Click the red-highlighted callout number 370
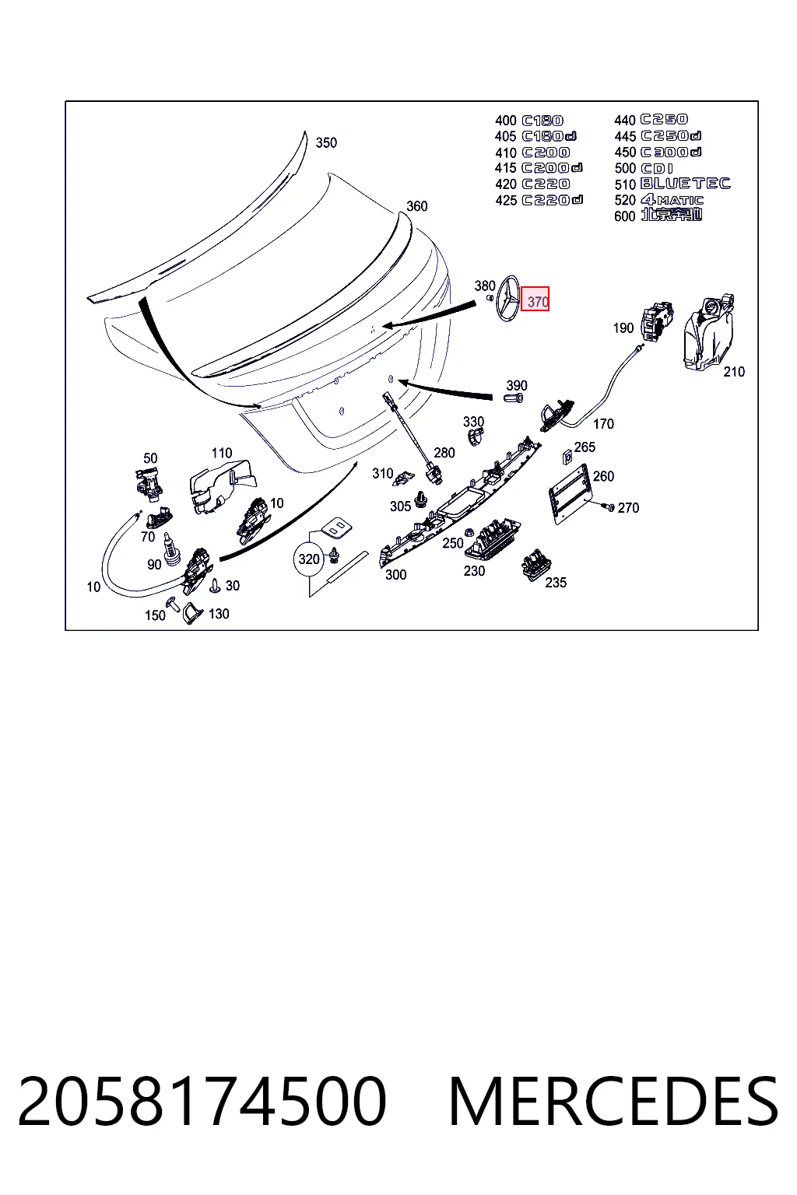tap(535, 301)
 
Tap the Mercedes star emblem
tap(507, 299)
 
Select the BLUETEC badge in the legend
tap(685, 184)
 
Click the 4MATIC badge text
tap(672, 200)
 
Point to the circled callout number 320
tap(309, 559)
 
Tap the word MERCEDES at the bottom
tap(613, 1102)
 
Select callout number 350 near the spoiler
tap(326, 142)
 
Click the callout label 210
tap(734, 372)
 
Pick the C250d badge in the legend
tap(671, 136)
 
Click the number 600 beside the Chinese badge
tap(624, 216)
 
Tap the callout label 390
tap(517, 385)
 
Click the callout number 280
tap(444, 453)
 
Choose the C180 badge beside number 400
tap(542, 121)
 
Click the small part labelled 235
tap(536, 565)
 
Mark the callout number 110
tap(222, 454)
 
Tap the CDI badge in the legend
tap(657, 169)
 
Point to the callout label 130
tap(219, 614)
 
